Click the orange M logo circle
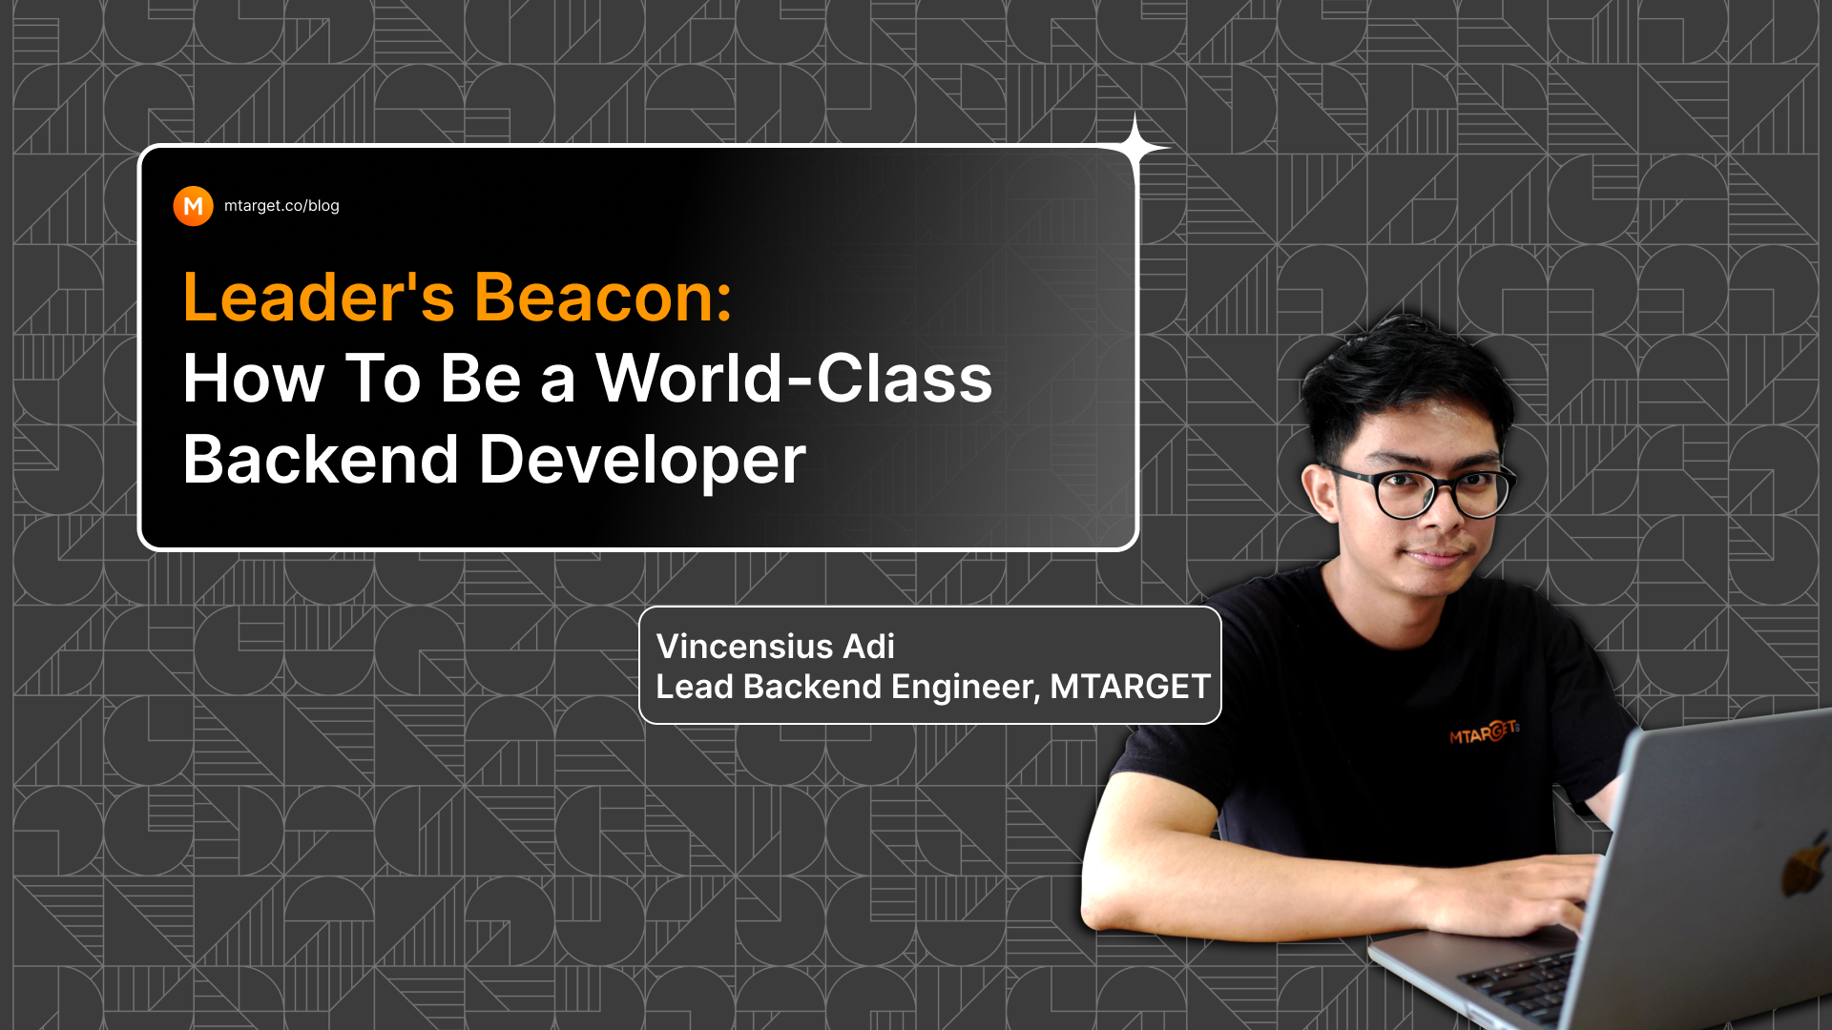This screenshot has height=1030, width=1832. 193,206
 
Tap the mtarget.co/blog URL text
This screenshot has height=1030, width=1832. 281,206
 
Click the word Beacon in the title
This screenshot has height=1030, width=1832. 603,298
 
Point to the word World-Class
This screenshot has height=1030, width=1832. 794,379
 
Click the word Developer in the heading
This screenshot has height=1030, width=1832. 641,460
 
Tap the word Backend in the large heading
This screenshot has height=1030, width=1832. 321,460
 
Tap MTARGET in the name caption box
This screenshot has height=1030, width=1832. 1130,687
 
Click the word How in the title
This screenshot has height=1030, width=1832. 253,379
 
